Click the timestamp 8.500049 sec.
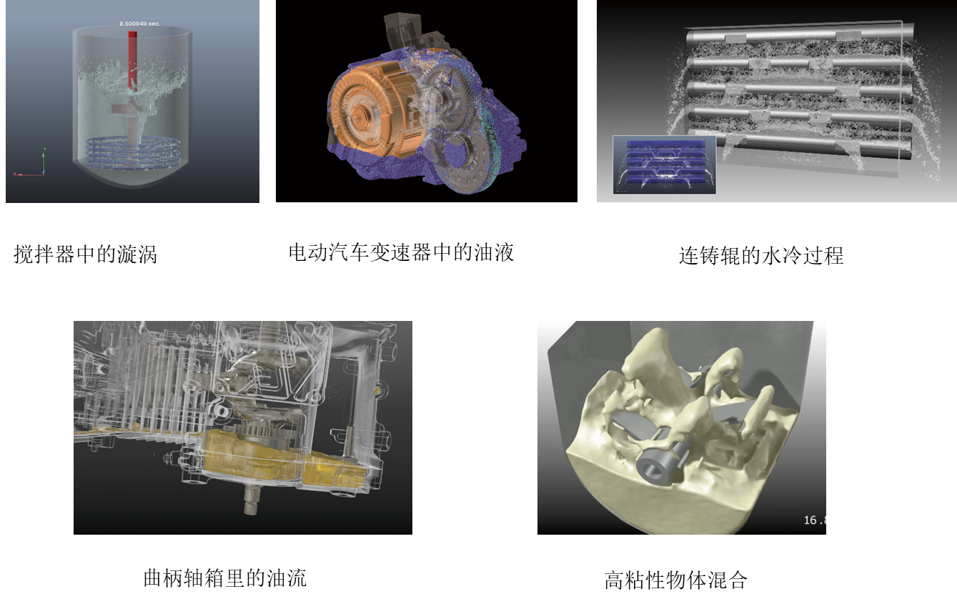coord(139,24)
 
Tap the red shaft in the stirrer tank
coord(133,60)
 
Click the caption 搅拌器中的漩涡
coord(86,254)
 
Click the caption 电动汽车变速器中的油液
coord(401,252)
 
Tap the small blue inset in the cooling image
coord(665,165)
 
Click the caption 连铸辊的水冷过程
coord(761,255)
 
